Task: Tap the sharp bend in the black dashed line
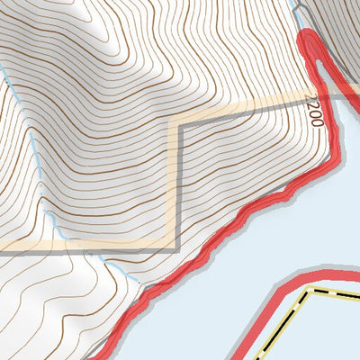pos(310,293)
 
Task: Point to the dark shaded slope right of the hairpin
pos(346,36)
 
